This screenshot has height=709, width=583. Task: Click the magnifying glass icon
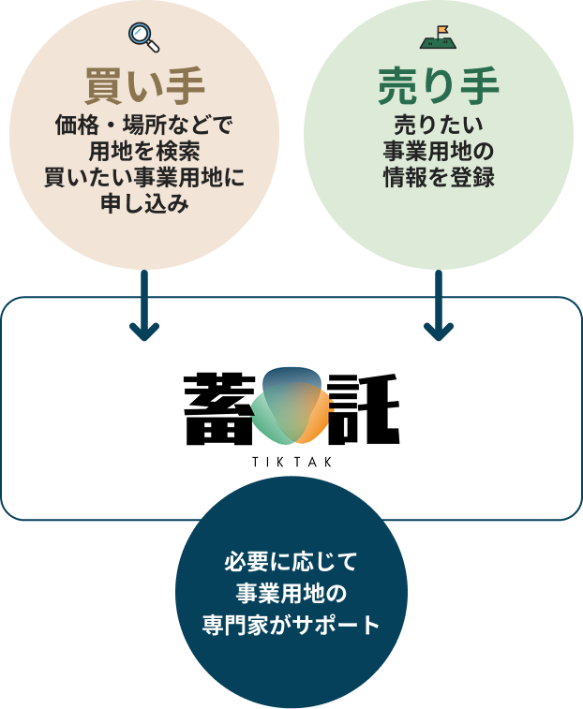pyautogui.click(x=143, y=37)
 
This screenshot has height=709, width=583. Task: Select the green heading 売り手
pyautogui.click(x=438, y=86)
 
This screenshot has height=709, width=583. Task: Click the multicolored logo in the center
pyautogui.click(x=291, y=407)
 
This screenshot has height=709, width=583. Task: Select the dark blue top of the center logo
pyautogui.click(x=291, y=377)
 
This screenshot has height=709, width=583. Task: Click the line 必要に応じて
pyautogui.click(x=291, y=565)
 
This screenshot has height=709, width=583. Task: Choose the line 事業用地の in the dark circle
pyautogui.click(x=291, y=595)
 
